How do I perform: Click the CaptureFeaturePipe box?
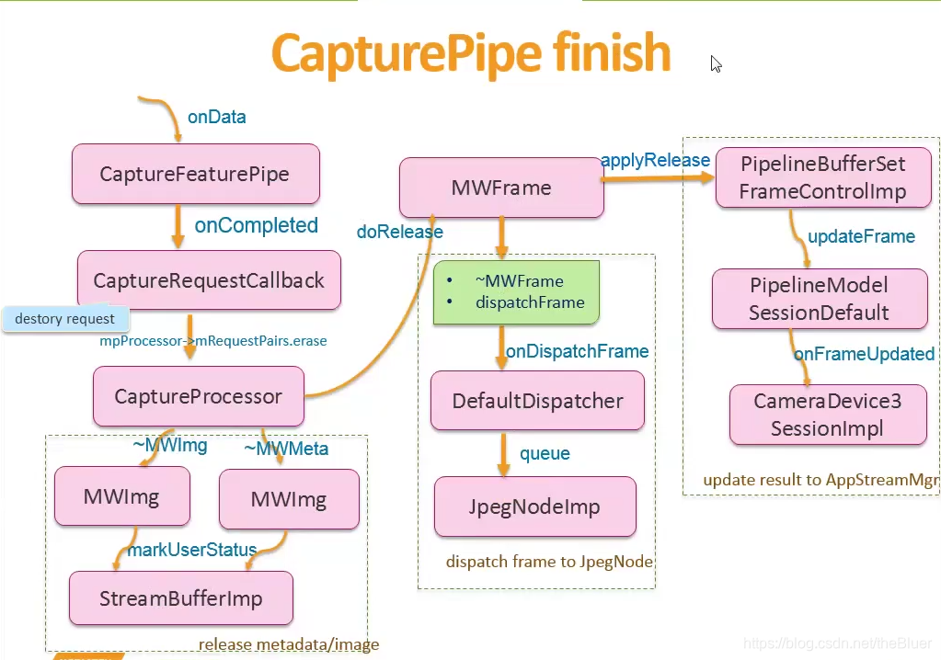pyautogui.click(x=195, y=174)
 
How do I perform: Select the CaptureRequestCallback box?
pyautogui.click(x=209, y=280)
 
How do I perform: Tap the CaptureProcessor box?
pyautogui.click(x=198, y=396)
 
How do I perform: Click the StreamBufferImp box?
pyautogui.click(x=180, y=598)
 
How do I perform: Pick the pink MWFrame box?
pyautogui.click(x=501, y=188)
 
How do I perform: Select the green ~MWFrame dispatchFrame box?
pyautogui.click(x=516, y=292)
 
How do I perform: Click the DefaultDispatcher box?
pyautogui.click(x=537, y=401)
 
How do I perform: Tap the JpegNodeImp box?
pyautogui.click(x=534, y=506)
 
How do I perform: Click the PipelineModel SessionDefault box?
pyautogui.click(x=819, y=299)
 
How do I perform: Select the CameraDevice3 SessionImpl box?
pyautogui.click(x=827, y=415)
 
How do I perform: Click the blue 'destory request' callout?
pyautogui.click(x=65, y=319)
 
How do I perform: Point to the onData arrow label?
pyautogui.click(x=217, y=117)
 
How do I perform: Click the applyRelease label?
pyautogui.click(x=655, y=161)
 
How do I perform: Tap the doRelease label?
pyautogui.click(x=399, y=232)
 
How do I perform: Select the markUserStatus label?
pyautogui.click(x=191, y=550)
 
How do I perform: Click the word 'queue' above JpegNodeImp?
pyautogui.click(x=545, y=453)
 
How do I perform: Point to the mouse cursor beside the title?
pyautogui.click(x=716, y=63)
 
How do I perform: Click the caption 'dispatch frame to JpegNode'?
pyautogui.click(x=549, y=562)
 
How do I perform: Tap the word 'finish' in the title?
pyautogui.click(x=612, y=53)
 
